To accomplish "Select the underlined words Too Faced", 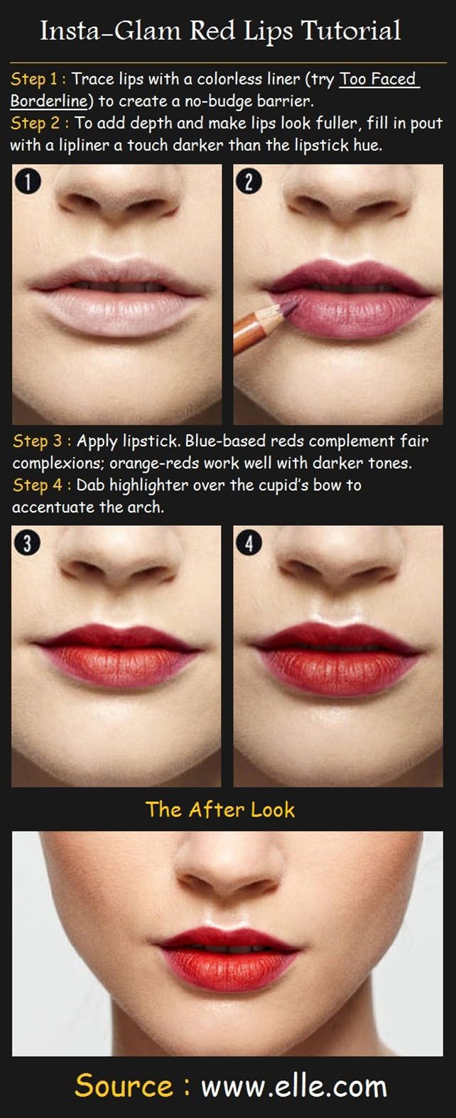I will coord(378,79).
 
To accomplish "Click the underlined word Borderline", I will coord(48,101).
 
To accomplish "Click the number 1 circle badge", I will coord(27,182).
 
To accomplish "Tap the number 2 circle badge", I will coord(248,182).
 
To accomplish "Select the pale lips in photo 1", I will coord(116,299).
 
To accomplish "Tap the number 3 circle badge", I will coord(27,544).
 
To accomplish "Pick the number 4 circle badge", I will coord(248,544).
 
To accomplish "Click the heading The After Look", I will coord(220,810).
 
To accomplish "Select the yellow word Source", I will coord(124,1087).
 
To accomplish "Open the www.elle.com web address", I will coord(293,1087).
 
